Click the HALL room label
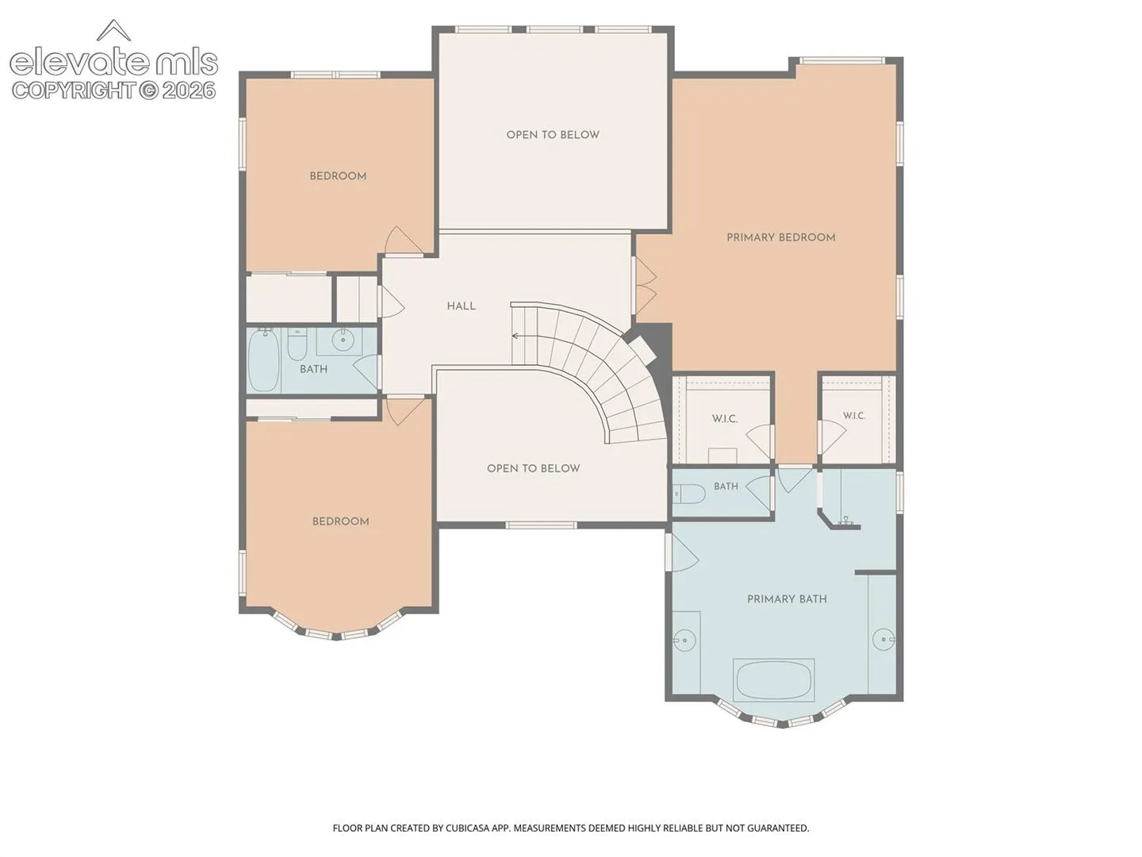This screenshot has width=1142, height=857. click(x=461, y=306)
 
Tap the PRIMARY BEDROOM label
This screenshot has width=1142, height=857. click(x=780, y=238)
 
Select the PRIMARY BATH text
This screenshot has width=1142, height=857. click(x=787, y=599)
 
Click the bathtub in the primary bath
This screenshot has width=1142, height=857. click(x=774, y=681)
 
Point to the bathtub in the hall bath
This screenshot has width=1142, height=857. click(x=263, y=360)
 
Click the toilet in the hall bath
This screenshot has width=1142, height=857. click(x=297, y=344)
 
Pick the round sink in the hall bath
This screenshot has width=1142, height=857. click(x=343, y=340)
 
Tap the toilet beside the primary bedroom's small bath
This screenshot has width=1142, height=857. click(x=688, y=494)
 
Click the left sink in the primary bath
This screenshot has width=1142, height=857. click(x=684, y=640)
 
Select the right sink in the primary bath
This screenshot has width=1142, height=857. click(x=883, y=639)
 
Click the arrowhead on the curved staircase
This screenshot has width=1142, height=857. click(x=515, y=336)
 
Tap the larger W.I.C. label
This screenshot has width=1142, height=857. click(x=724, y=419)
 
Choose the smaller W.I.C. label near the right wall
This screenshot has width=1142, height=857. click(x=854, y=416)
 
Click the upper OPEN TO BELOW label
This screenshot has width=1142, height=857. click(x=553, y=135)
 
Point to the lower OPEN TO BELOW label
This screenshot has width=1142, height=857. click(x=533, y=468)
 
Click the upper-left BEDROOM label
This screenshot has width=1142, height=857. click(x=338, y=176)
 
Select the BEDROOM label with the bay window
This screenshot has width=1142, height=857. click(x=340, y=521)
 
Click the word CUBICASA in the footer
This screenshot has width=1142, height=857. click(x=468, y=828)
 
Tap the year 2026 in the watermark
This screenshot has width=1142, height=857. click(x=188, y=91)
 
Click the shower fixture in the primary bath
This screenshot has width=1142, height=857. click(x=846, y=521)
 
